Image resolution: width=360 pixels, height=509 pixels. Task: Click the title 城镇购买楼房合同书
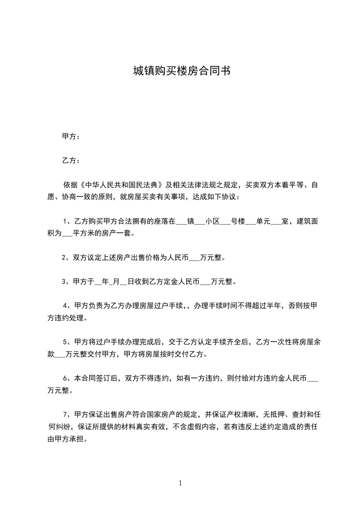(x=182, y=71)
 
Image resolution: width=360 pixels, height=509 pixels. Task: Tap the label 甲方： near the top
(x=71, y=137)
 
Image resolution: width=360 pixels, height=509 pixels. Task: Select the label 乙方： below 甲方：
(x=71, y=161)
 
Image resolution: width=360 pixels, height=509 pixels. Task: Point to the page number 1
(x=180, y=484)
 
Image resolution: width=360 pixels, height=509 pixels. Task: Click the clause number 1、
(x=67, y=221)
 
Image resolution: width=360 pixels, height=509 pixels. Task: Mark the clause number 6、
(x=67, y=378)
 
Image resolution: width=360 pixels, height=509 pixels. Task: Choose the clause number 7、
(x=67, y=414)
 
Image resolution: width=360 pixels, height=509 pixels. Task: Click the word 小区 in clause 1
(x=212, y=221)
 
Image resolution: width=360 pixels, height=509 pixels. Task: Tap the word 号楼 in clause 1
(x=238, y=221)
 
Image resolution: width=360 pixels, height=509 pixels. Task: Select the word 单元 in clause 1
(x=263, y=221)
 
